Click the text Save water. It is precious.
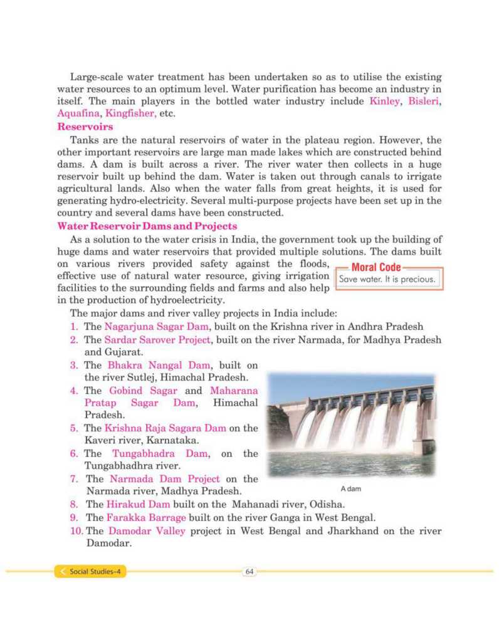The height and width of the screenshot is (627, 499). [x=387, y=280]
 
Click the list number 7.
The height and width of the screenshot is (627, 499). [x=74, y=478]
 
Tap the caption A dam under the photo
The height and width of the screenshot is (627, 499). [x=351, y=488]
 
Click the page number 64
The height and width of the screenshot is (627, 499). [x=249, y=571]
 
